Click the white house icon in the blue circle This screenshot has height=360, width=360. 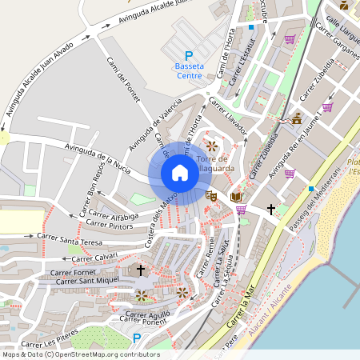[x=180, y=173]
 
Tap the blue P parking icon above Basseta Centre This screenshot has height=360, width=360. [x=189, y=55]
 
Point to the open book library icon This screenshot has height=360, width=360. [x=235, y=196]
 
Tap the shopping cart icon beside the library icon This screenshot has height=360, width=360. [x=241, y=210]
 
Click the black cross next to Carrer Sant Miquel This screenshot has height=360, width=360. [x=141, y=270]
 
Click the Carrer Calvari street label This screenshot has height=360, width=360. [x=94, y=258]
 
